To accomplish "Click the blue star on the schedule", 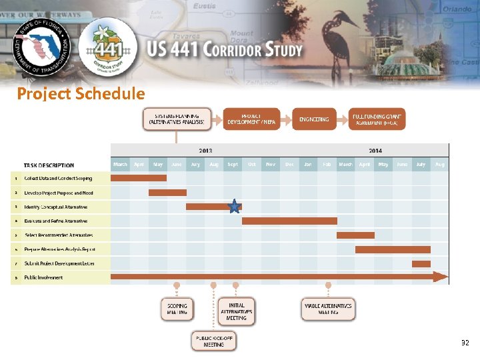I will click(x=234, y=207).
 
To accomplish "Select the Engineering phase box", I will click(x=314, y=119).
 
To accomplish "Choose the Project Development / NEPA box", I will click(x=251, y=119).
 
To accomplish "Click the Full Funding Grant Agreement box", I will click(x=377, y=119).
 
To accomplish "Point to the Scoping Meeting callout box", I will click(x=177, y=309).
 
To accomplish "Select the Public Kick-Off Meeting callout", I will click(x=214, y=341).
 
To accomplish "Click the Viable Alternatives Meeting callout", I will click(x=328, y=309).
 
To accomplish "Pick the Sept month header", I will click(x=233, y=164).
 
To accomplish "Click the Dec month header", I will click(x=289, y=164).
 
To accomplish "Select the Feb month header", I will click(x=327, y=164).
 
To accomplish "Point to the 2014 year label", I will click(x=375, y=151).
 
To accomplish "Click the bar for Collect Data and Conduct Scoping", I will click(x=139, y=178).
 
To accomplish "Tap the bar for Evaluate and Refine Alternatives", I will click(x=289, y=221).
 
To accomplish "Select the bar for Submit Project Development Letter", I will click(x=421, y=263).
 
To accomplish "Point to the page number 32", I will click(x=465, y=343).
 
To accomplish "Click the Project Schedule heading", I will click(x=81, y=93).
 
